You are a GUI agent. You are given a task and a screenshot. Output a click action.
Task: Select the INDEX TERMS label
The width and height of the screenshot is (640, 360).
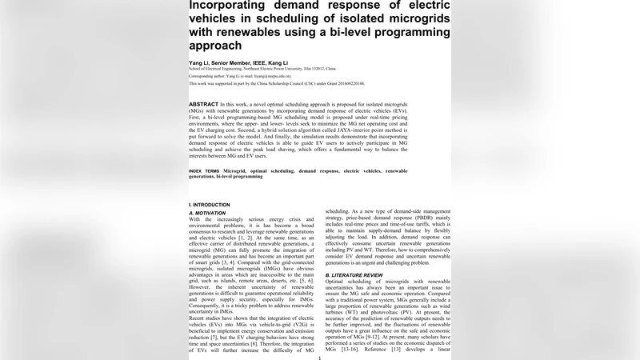click(206, 171)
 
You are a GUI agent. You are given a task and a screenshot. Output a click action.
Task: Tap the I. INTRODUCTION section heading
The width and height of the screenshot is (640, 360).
click(210, 205)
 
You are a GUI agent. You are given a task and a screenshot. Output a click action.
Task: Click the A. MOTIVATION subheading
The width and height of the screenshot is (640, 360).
click(208, 214)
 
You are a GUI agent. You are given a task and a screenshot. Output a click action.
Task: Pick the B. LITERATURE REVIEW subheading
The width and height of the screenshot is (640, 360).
click(359, 274)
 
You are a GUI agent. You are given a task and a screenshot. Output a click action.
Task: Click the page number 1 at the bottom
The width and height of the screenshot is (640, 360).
click(320, 357)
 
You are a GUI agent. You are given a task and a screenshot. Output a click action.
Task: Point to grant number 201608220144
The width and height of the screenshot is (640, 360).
click(348, 83)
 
